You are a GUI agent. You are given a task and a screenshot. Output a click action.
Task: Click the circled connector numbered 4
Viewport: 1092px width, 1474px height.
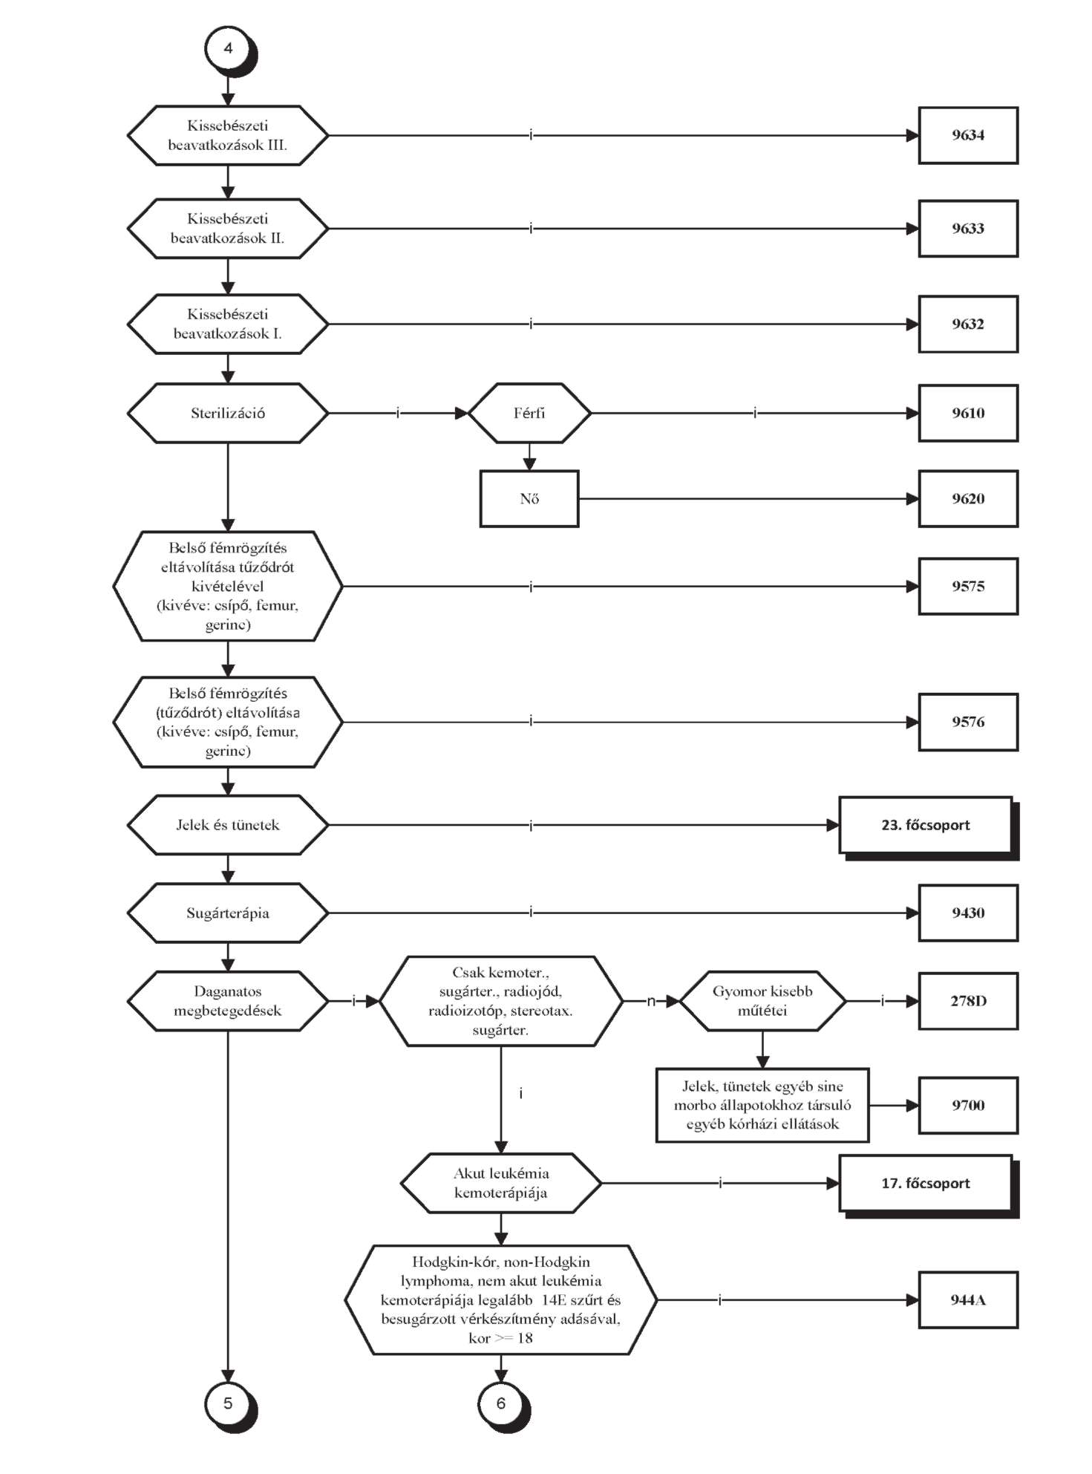[229, 49]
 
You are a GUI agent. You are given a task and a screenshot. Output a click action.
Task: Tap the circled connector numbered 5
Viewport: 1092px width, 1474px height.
[229, 1404]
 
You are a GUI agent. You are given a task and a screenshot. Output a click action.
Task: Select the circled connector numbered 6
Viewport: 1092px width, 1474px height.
[502, 1404]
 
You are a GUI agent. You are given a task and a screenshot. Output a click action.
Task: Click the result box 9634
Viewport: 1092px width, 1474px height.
[968, 135]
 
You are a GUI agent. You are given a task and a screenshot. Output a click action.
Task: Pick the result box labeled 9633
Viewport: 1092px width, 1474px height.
[968, 229]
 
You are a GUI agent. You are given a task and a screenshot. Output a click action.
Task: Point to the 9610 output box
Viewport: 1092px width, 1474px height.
[968, 413]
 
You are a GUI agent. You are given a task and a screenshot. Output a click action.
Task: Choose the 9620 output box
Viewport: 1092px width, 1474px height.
[968, 498]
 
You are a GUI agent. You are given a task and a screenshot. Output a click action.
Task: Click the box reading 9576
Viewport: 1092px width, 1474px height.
[968, 722]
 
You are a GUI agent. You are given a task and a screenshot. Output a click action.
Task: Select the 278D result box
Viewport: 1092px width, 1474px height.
[968, 1001]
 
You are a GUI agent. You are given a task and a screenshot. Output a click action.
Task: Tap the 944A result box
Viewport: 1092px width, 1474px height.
[968, 1299]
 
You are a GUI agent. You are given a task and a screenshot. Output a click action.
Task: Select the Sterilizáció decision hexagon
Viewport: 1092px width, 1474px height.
[228, 413]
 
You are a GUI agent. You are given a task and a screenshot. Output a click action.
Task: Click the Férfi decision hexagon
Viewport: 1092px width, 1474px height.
[529, 413]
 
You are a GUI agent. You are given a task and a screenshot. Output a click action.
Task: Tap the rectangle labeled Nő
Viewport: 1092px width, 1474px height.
[529, 498]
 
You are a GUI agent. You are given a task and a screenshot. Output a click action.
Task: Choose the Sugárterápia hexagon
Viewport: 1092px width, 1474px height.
[228, 913]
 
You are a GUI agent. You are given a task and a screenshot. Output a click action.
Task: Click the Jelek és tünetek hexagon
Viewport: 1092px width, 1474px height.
[228, 825]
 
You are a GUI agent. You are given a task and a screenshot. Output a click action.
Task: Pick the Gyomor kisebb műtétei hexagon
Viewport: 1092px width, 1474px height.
[762, 1001]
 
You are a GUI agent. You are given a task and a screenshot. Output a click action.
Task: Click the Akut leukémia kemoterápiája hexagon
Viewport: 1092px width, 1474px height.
[501, 1183]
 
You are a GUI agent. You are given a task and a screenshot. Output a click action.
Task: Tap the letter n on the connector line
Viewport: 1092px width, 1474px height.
[651, 1001]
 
